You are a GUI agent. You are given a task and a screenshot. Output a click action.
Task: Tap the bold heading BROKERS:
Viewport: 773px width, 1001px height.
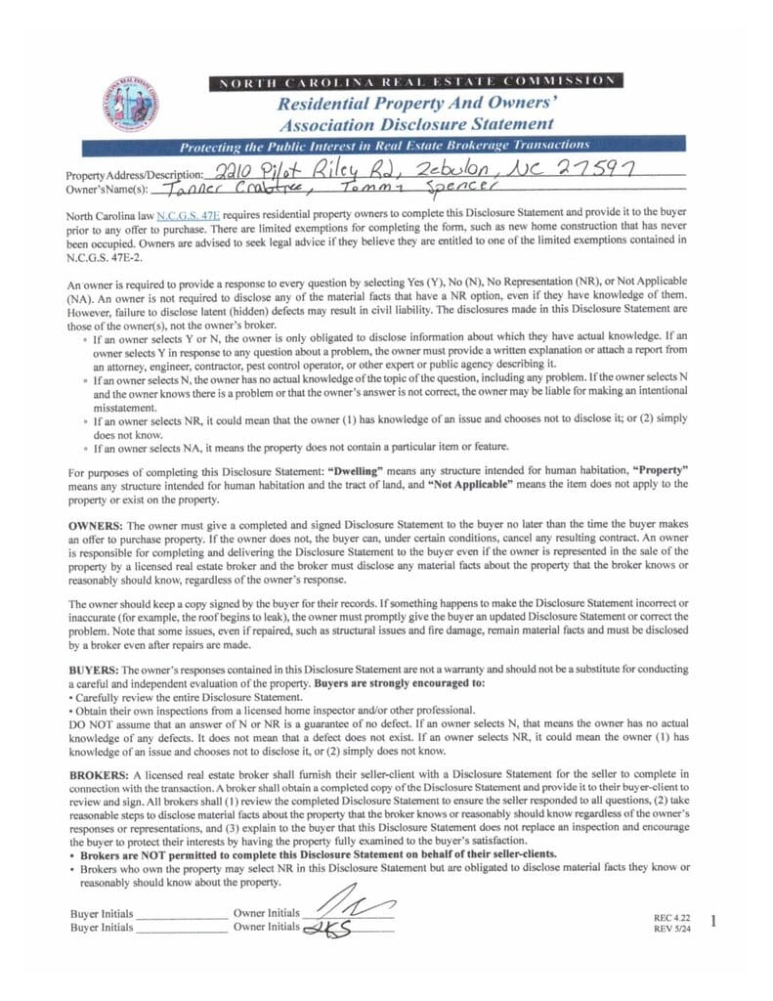[98, 773]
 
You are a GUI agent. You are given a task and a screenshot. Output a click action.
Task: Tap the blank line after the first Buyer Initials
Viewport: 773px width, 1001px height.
[181, 915]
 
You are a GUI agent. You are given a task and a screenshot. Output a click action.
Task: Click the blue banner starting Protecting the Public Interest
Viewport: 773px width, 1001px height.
[398, 146]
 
